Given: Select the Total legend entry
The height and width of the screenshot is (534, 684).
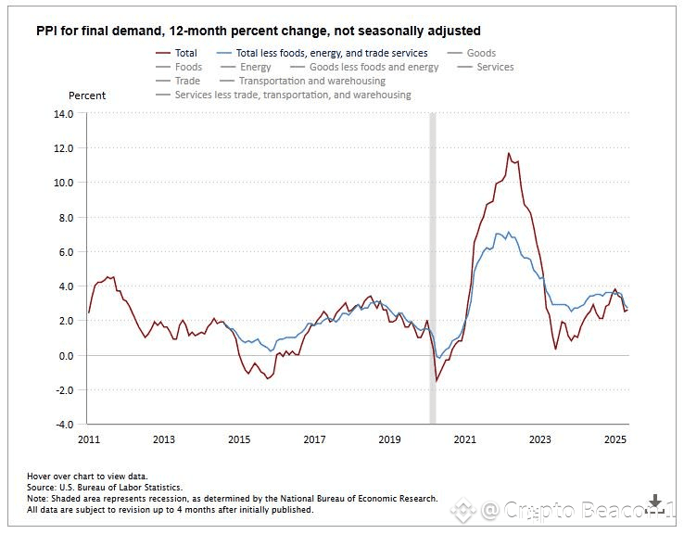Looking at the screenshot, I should [185, 53].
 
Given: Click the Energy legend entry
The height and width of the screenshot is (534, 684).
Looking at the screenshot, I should [256, 67].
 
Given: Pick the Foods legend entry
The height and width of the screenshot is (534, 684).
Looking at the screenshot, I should [188, 67].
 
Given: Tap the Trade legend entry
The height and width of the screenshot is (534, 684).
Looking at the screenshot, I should [187, 81].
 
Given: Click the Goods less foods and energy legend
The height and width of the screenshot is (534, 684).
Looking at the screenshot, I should [374, 67].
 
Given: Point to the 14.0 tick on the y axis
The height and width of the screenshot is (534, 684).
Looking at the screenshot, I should [63, 114].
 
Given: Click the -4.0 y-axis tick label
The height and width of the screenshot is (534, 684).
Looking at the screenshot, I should [63, 425].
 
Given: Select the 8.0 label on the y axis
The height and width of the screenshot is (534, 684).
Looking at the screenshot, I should [65, 218].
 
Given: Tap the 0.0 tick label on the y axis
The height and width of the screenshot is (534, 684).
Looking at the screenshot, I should [65, 356].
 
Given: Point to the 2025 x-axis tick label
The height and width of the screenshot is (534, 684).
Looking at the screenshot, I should [614, 439].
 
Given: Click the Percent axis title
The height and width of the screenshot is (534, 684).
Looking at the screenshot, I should [87, 95].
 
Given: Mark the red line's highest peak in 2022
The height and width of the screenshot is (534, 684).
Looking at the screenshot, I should [508, 153].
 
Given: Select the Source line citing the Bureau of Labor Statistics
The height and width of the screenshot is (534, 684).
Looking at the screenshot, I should [105, 487].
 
